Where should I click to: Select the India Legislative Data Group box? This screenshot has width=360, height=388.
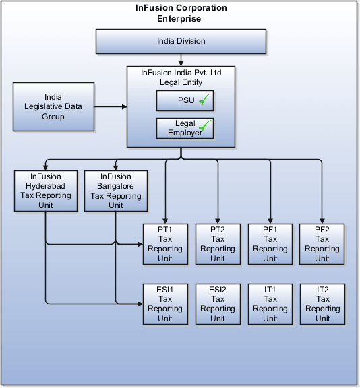pos(53,107)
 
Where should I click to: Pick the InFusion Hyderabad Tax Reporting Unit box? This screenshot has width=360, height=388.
pos(45,191)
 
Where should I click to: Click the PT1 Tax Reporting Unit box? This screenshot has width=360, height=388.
pos(165,244)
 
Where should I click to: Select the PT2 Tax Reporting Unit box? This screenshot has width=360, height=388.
pos(217,244)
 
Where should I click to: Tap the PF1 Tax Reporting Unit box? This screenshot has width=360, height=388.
pos(270,244)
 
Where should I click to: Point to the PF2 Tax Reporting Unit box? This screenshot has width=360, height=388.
pos(322,244)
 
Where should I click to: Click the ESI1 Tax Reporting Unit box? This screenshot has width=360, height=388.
pos(165,304)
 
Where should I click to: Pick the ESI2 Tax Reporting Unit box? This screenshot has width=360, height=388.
pos(217,304)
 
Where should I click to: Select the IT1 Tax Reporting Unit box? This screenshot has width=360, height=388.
pos(270,304)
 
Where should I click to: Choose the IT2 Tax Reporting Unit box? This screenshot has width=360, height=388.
pos(322,304)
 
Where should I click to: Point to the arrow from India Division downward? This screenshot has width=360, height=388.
pos(180,59)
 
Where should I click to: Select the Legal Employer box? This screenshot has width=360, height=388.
pos(185,128)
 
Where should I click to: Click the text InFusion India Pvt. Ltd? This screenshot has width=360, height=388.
pos(181,72)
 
